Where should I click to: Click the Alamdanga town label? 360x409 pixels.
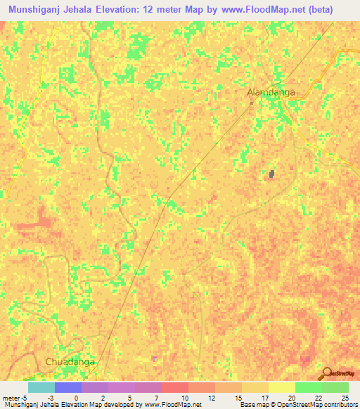(x=271, y=92)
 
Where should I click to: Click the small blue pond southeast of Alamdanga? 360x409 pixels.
(x=271, y=174)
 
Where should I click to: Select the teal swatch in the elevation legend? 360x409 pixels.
(x=41, y=387)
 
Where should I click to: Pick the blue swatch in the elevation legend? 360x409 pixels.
(x=68, y=387)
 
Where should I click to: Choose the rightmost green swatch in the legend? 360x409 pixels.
(x=335, y=387)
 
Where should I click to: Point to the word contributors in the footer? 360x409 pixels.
(x=339, y=405)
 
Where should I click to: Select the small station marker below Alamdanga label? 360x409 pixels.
(x=251, y=103)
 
